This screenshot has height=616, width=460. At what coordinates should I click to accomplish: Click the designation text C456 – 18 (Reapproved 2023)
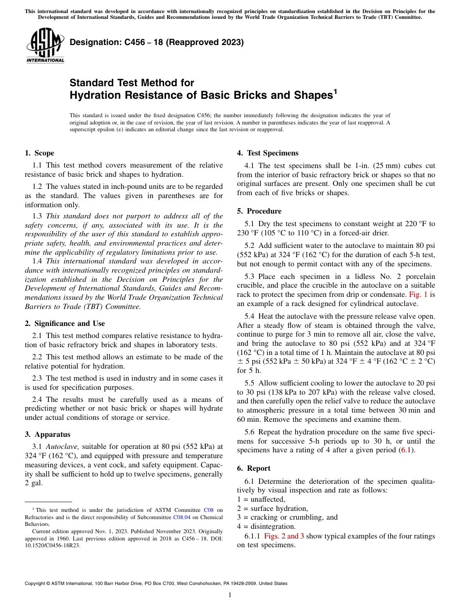coord(156,43)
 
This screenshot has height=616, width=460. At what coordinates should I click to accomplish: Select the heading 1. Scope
coord(39,153)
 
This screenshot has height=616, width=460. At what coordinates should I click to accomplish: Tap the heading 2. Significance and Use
coord(64,323)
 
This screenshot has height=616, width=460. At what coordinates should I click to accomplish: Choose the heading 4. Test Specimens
coord(267,153)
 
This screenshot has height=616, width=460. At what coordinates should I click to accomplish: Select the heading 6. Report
coord(254,468)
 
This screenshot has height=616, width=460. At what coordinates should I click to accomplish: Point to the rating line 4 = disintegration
coord(266,526)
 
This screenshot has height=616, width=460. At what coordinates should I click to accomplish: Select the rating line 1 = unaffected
coord(261,499)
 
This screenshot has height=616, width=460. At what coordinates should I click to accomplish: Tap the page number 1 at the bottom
coord(230,595)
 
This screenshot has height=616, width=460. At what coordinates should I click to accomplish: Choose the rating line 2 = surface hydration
coord(272,508)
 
